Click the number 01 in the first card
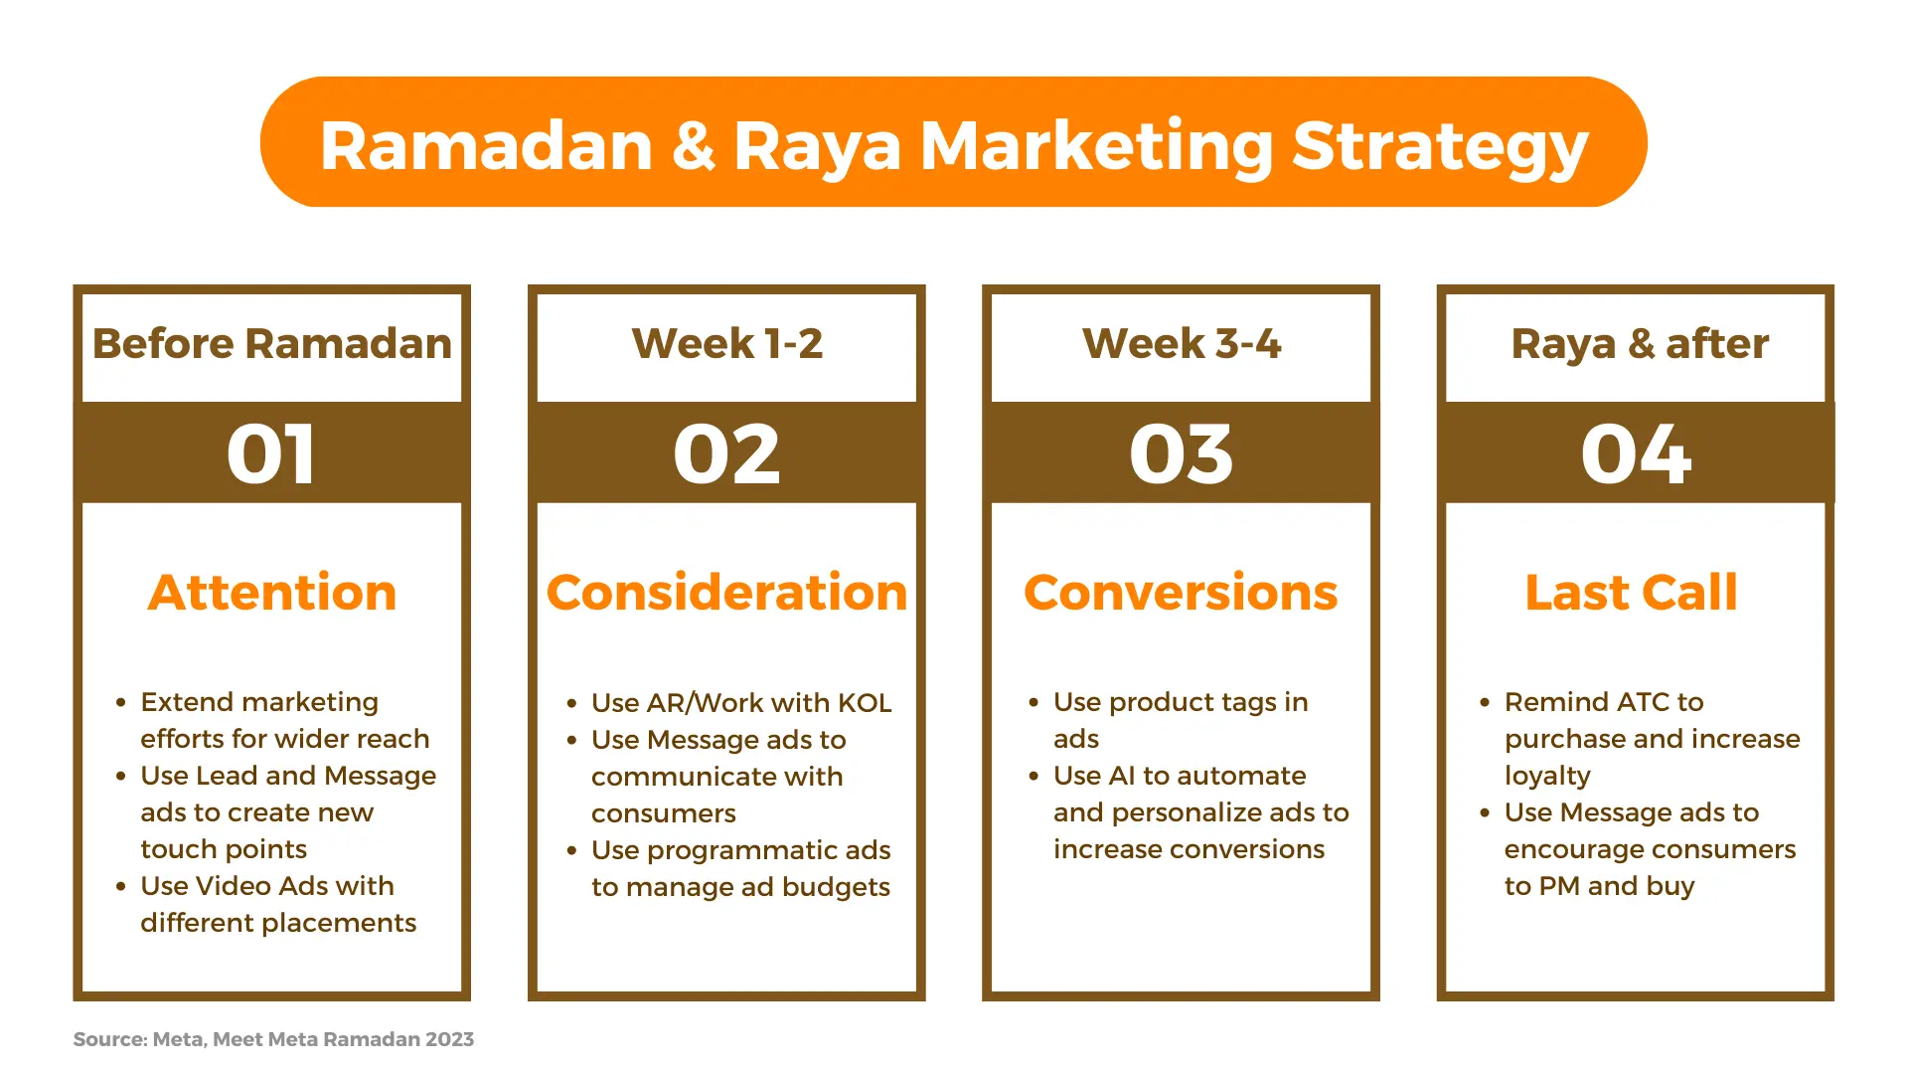tap(271, 454)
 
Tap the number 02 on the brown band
tap(726, 454)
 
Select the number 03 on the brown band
tap(1181, 454)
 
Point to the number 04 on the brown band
tap(1636, 454)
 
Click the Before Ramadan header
tap(271, 344)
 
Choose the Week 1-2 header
tap(726, 344)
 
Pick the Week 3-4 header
tap(1181, 344)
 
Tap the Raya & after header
tap(1640, 345)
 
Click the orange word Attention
tap(272, 593)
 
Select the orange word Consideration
tap(726, 593)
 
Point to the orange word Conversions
tap(1181, 593)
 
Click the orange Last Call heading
tap(1631, 593)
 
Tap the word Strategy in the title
tap(1440, 147)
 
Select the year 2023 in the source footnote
tap(449, 1039)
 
